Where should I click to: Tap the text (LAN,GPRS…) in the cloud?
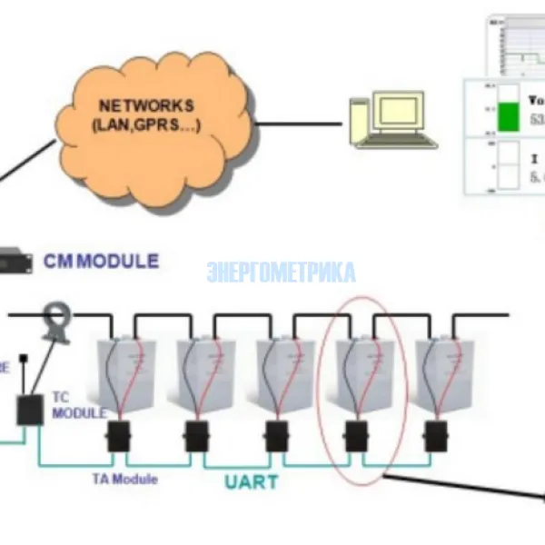[146, 125]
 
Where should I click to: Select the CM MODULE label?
[101, 262]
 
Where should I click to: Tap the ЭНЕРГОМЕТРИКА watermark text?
[281, 272]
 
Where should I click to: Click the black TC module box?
[30, 410]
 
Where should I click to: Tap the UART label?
[252, 481]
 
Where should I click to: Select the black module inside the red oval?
[356, 437]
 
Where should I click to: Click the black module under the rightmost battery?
[435, 437]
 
